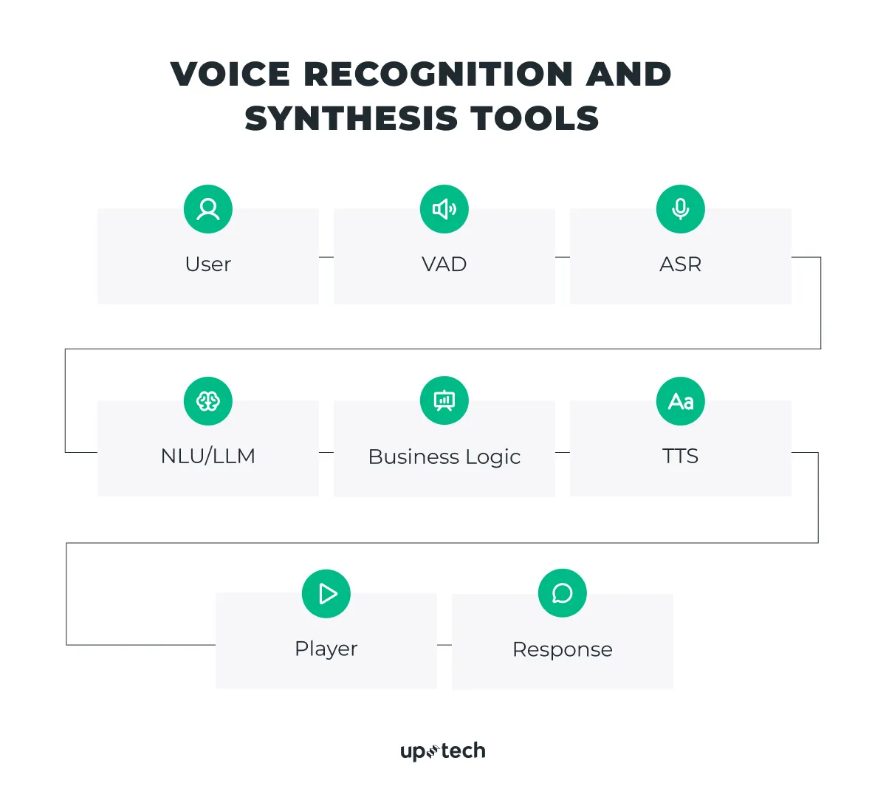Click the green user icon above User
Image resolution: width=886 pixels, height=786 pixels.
(x=208, y=209)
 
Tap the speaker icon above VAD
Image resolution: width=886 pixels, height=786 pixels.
(x=444, y=209)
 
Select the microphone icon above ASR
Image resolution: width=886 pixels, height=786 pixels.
(x=681, y=209)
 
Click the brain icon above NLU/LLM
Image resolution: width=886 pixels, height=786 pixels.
(x=208, y=401)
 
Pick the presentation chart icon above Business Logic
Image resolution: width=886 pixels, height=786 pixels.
(x=444, y=401)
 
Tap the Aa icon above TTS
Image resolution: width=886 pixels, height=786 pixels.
(x=681, y=401)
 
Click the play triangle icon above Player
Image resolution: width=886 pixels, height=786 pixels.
(x=326, y=594)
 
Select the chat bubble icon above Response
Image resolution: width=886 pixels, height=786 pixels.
(x=563, y=593)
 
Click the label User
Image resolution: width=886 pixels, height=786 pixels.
(x=208, y=264)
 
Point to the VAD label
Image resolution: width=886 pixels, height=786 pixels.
(x=444, y=264)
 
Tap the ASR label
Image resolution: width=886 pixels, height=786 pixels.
(x=681, y=264)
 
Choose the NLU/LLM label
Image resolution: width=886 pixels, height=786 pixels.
(x=208, y=456)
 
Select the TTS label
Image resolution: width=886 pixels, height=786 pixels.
(x=681, y=456)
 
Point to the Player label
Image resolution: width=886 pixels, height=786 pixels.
(x=326, y=649)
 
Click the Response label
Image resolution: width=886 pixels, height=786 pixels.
(x=563, y=649)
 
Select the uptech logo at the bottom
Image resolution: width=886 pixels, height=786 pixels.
(x=443, y=751)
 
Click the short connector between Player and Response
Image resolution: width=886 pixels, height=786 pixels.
(x=444, y=645)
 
